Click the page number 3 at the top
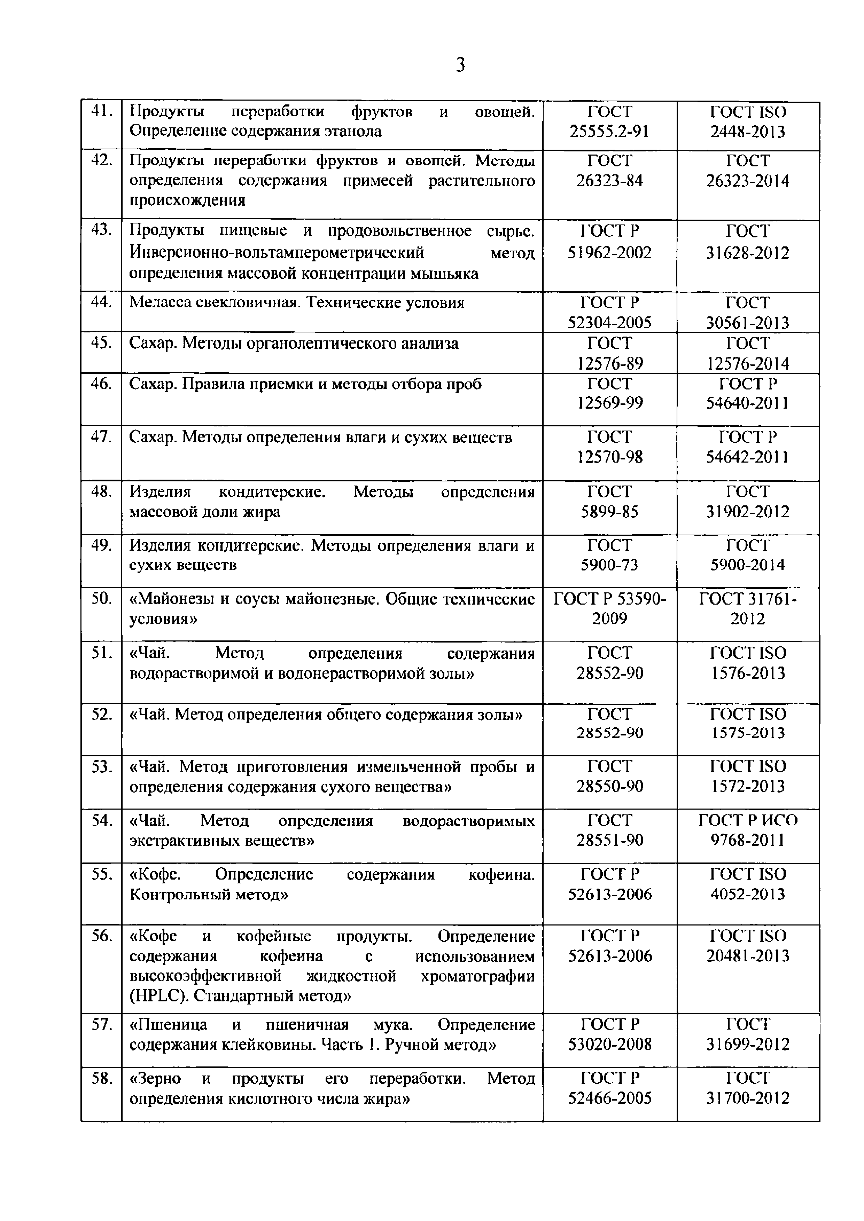pyautogui.click(x=461, y=65)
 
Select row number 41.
pyautogui.click(x=101, y=112)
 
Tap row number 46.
pyautogui.click(x=101, y=384)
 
